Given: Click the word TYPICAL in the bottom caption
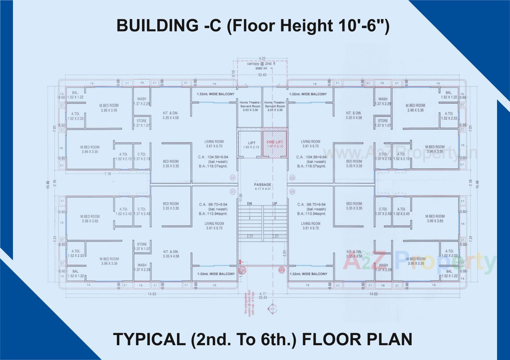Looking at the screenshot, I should (149, 339).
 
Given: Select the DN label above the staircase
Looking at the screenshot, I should (250, 204).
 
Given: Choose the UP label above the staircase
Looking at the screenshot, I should (275, 204).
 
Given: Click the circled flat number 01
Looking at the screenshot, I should (233, 192).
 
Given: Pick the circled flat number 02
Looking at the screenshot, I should (233, 178).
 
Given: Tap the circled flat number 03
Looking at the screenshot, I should (292, 178).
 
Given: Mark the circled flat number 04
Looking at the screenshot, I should (292, 192).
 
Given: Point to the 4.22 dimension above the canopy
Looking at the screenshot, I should (262, 58).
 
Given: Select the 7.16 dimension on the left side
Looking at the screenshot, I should (108, 174).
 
